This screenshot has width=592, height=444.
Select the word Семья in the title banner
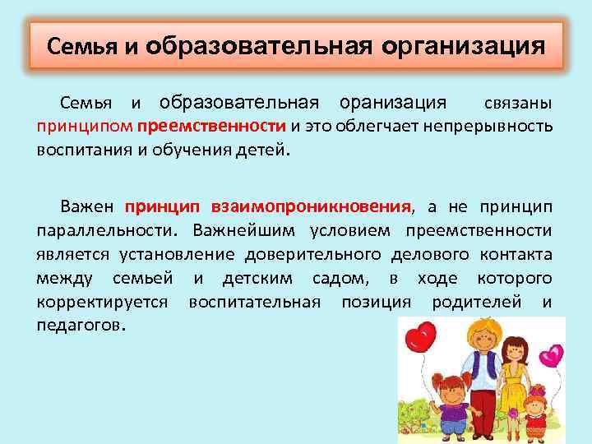click(82, 45)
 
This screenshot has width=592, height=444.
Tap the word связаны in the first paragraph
click(517, 104)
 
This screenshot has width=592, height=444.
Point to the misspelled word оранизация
click(393, 104)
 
